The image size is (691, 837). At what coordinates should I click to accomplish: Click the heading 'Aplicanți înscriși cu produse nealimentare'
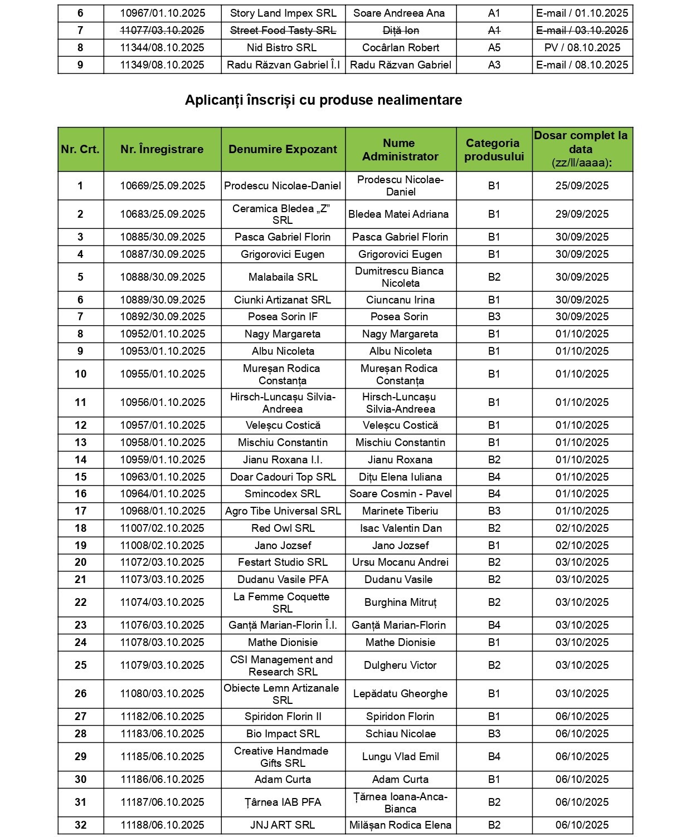click(x=323, y=100)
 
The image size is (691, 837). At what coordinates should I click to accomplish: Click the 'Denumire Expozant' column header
click(x=283, y=149)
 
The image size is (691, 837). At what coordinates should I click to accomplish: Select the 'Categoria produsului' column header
click(x=494, y=150)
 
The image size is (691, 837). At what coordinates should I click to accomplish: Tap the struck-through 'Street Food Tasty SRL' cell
click(x=283, y=31)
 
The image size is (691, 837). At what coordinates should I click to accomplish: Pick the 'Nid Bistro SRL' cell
click(x=283, y=48)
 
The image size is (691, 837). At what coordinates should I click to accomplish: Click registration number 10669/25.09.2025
click(x=162, y=186)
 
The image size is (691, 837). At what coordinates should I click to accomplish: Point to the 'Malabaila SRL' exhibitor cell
click(x=283, y=277)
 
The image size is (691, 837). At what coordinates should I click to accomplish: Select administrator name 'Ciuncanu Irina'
click(x=400, y=300)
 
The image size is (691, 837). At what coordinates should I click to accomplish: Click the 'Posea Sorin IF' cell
click(x=283, y=317)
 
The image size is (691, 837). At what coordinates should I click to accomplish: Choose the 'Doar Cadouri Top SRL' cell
click(x=283, y=477)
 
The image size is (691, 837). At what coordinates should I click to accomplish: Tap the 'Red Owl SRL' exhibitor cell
click(x=283, y=528)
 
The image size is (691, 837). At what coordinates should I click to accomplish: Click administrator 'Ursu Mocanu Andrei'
click(x=400, y=562)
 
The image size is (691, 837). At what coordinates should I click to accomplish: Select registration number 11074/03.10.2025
click(x=162, y=603)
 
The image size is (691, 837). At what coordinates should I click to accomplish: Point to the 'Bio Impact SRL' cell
click(x=283, y=734)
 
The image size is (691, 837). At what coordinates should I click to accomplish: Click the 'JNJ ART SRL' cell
click(x=283, y=825)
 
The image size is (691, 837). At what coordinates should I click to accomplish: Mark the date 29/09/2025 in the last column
click(x=582, y=214)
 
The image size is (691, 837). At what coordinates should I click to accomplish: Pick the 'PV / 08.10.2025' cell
click(x=582, y=48)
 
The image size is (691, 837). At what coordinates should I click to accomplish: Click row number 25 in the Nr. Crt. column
click(x=81, y=665)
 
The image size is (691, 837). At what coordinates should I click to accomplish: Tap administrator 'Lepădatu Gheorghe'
click(x=400, y=694)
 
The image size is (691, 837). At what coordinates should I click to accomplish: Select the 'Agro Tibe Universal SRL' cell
click(x=283, y=511)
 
